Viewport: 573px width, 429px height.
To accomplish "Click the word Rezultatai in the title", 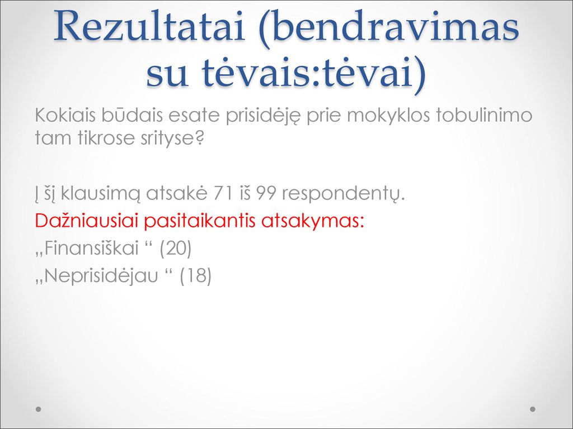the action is [x=149, y=26].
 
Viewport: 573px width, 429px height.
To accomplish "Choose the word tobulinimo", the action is [x=484, y=115].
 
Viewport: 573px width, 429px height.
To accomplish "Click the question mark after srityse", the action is [x=198, y=138].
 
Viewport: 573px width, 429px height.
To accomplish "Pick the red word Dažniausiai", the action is [x=86, y=220].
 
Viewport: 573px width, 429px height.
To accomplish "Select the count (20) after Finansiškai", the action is [x=176, y=249].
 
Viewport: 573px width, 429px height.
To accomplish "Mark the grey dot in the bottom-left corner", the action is [x=39, y=409].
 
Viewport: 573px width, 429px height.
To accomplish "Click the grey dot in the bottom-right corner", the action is [x=533, y=409].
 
